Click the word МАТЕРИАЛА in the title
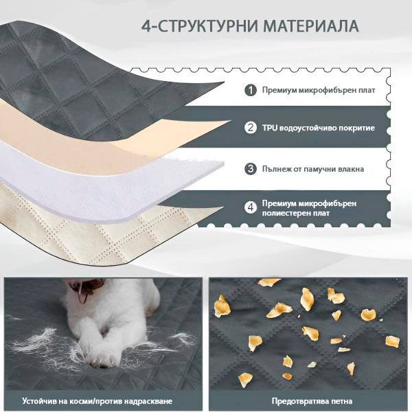point(311,26)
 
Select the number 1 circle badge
point(251,91)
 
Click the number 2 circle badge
point(251,128)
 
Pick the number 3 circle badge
point(251,169)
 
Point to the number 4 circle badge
point(251,207)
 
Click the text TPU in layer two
point(270,128)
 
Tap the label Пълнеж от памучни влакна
point(313,169)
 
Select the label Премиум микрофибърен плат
point(319,90)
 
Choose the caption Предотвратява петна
point(312,401)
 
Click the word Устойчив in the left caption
point(39,401)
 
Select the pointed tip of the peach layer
point(230,121)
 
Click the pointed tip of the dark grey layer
point(223,82)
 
